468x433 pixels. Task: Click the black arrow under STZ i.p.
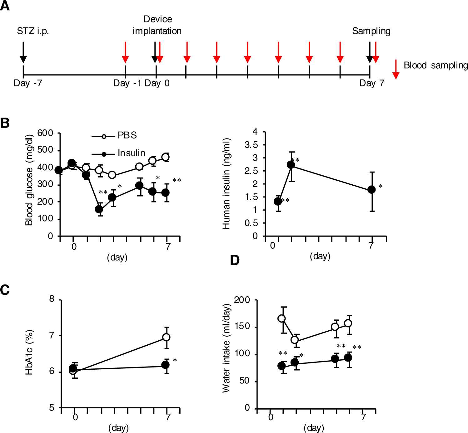(23, 53)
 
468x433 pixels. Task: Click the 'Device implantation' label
(157, 25)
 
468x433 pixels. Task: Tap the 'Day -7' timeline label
(28, 83)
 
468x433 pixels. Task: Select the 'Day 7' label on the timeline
(371, 83)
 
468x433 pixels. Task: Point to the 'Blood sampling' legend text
(436, 65)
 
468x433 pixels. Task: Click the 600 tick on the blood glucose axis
(45, 133)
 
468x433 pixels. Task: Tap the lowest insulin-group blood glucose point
(99, 209)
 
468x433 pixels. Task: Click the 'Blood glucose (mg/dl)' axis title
(29, 180)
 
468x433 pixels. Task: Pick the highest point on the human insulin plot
(291, 165)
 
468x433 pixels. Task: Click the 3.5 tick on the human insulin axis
(251, 145)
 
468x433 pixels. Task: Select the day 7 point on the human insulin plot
(371, 190)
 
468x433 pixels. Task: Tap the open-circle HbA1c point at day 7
(167, 337)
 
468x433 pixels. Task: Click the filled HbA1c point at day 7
(166, 365)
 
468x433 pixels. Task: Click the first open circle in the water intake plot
(281, 319)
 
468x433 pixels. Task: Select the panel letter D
(235, 260)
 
